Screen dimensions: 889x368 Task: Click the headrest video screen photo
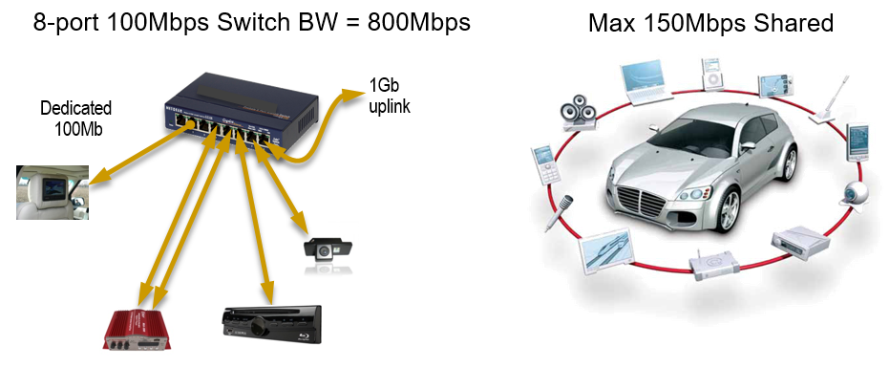coord(53,191)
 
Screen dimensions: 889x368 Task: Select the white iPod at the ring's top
coord(709,73)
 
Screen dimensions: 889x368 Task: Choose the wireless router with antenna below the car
coord(709,269)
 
